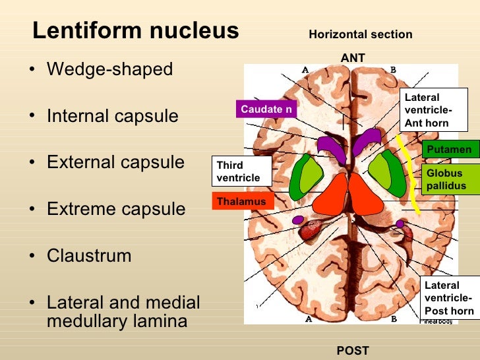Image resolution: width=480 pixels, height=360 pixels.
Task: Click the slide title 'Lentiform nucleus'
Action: click(x=135, y=30)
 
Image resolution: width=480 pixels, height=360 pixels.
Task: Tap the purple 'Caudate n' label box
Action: click(x=266, y=109)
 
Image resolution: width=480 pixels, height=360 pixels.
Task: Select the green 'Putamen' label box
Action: click(x=449, y=150)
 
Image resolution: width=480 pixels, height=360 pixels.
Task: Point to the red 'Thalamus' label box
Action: click(x=243, y=202)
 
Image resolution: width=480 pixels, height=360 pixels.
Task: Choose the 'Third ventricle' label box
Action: click(x=242, y=171)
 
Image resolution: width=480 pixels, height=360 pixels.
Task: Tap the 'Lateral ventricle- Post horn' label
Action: click(x=449, y=298)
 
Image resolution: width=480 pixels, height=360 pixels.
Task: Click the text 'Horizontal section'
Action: click(x=360, y=34)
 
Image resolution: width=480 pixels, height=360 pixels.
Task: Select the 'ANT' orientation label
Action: click(x=353, y=58)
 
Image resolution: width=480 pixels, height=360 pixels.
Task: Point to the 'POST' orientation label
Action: click(x=353, y=350)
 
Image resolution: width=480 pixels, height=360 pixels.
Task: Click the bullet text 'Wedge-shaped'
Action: click(x=109, y=69)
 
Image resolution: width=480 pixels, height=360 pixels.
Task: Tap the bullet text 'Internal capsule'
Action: click(x=112, y=116)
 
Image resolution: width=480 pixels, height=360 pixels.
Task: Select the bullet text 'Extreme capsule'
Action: click(x=116, y=209)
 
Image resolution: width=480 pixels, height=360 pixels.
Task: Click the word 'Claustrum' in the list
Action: click(x=89, y=255)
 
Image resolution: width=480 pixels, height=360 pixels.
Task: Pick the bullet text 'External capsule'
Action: click(x=115, y=162)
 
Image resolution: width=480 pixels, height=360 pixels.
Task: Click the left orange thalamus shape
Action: click(x=332, y=201)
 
